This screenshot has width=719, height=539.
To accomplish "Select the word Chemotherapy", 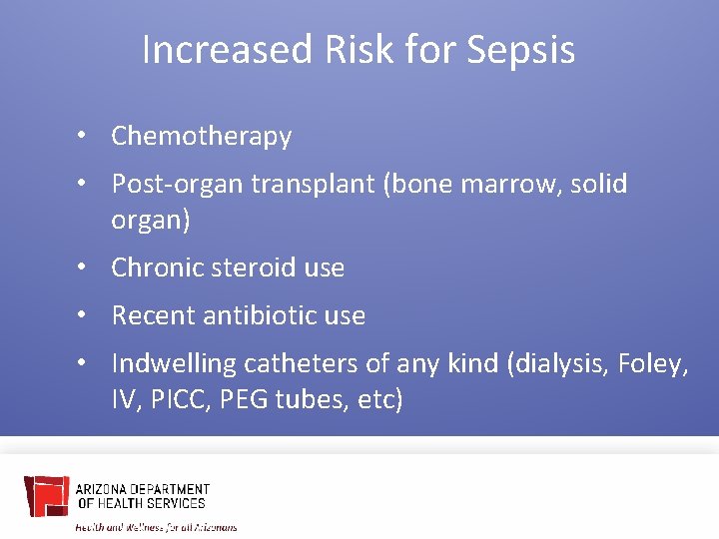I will tap(201, 136).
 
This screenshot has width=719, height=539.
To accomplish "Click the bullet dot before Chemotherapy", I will tap(91, 137).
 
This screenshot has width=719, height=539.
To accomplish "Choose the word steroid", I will tap(254, 269).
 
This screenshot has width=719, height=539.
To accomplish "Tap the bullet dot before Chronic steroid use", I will tap(91, 269).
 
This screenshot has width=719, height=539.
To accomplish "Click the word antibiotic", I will tap(262, 316).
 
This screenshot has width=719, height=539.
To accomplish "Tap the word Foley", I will tap(653, 364).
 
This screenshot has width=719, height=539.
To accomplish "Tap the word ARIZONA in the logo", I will tap(101, 490).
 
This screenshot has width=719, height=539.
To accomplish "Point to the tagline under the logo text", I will tap(157, 526).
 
